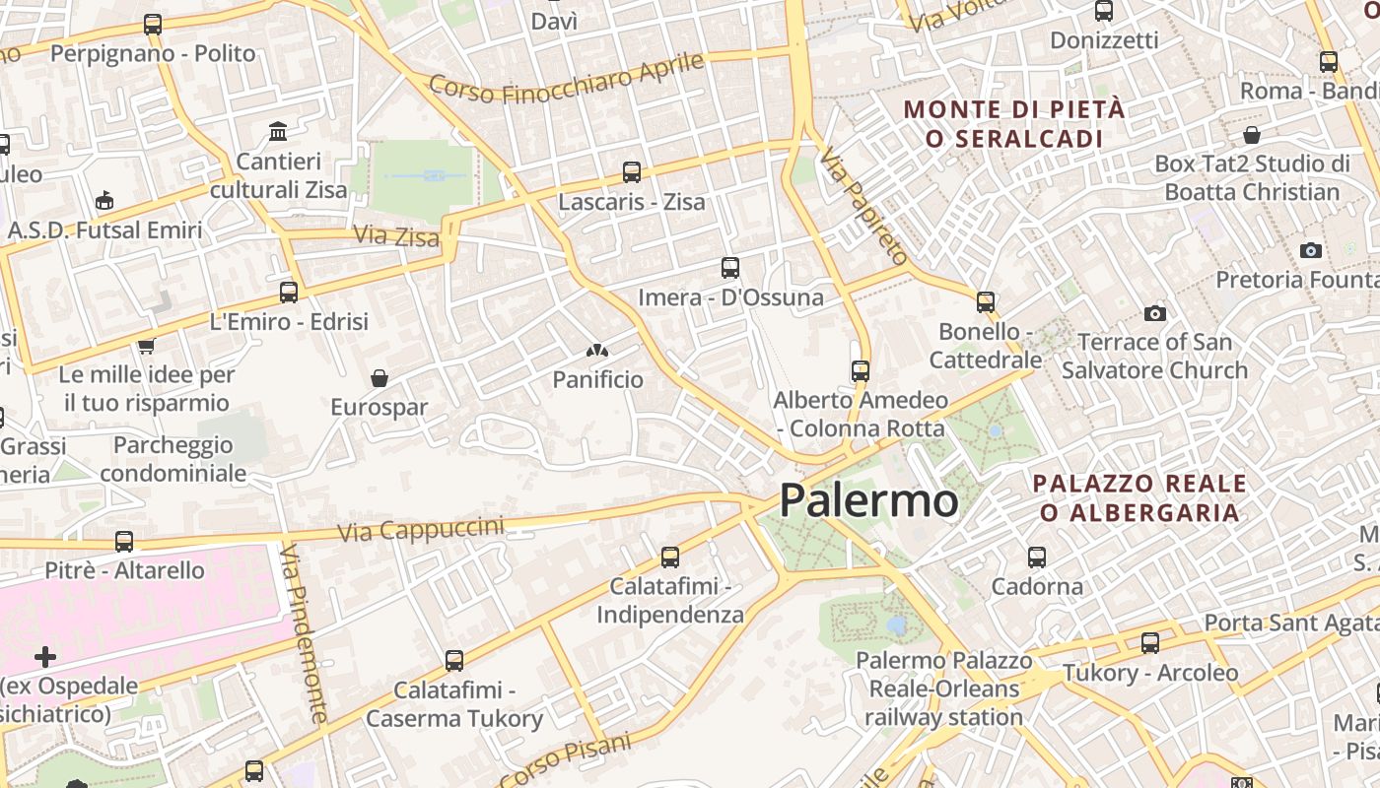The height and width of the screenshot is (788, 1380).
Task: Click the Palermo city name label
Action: (868, 500)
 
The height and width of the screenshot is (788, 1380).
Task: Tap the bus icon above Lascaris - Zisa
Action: (632, 172)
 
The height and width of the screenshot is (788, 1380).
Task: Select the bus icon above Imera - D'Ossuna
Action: (730, 267)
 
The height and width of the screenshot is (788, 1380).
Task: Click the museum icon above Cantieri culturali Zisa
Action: (278, 131)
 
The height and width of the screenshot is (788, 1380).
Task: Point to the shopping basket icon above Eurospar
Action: (379, 377)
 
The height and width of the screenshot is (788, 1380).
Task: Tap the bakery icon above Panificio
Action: (597, 350)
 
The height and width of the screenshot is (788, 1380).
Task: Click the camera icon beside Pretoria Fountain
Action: (1310, 250)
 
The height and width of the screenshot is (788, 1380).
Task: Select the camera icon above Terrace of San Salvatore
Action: (1154, 313)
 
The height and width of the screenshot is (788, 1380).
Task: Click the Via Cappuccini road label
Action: (421, 529)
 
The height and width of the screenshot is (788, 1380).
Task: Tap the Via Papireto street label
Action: (863, 206)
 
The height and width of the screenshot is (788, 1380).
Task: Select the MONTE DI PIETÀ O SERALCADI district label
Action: (1014, 123)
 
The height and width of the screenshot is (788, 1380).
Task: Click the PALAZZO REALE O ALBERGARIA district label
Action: (1139, 497)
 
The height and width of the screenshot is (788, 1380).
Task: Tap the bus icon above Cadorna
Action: (1037, 557)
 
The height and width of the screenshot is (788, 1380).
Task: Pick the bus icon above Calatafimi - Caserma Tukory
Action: (454, 660)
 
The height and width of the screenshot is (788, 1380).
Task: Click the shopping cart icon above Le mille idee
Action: (146, 346)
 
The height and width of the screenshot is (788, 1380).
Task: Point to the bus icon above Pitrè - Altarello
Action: (124, 541)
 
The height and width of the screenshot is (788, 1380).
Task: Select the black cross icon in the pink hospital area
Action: (45, 656)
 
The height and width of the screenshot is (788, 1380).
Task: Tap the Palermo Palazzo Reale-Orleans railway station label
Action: (943, 689)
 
